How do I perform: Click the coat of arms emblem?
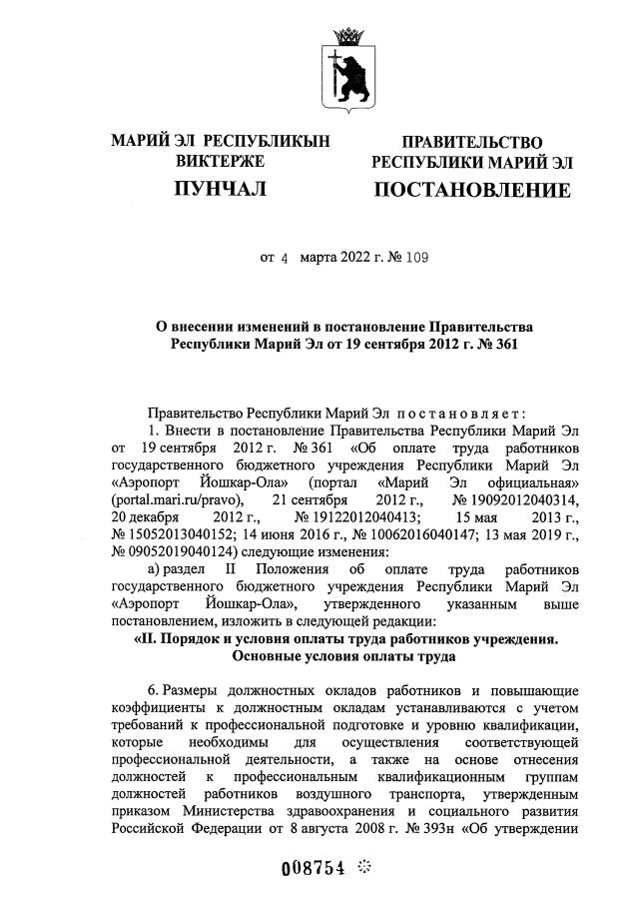coord(350,67)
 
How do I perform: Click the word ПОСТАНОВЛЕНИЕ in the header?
coord(472,190)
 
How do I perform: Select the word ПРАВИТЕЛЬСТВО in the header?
coord(472,143)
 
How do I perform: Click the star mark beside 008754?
coord(364,866)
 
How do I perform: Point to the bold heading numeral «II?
coord(150,638)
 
